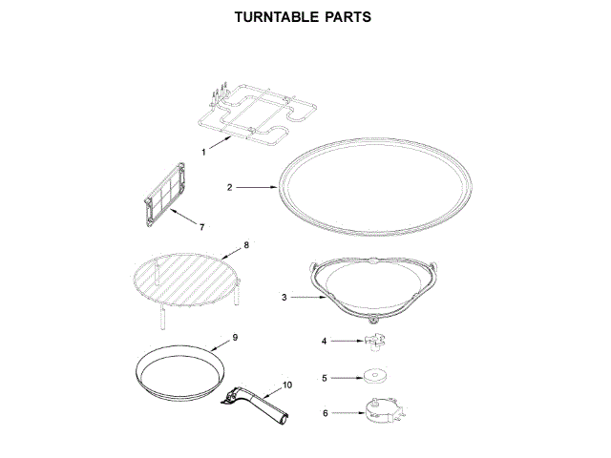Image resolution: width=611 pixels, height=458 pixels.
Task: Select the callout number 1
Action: [203, 152]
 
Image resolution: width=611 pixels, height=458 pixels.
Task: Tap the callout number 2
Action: [229, 188]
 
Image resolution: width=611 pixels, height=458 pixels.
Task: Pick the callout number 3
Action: [284, 298]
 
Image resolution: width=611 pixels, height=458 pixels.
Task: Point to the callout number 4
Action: [325, 341]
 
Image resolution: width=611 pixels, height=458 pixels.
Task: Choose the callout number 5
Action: [325, 378]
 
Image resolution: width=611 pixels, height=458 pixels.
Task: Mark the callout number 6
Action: [325, 413]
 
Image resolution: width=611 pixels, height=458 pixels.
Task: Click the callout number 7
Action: [201, 227]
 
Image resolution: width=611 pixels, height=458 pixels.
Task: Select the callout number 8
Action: [246, 245]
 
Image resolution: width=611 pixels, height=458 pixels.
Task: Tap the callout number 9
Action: [235, 337]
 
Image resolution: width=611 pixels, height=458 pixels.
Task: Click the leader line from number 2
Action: [256, 188]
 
